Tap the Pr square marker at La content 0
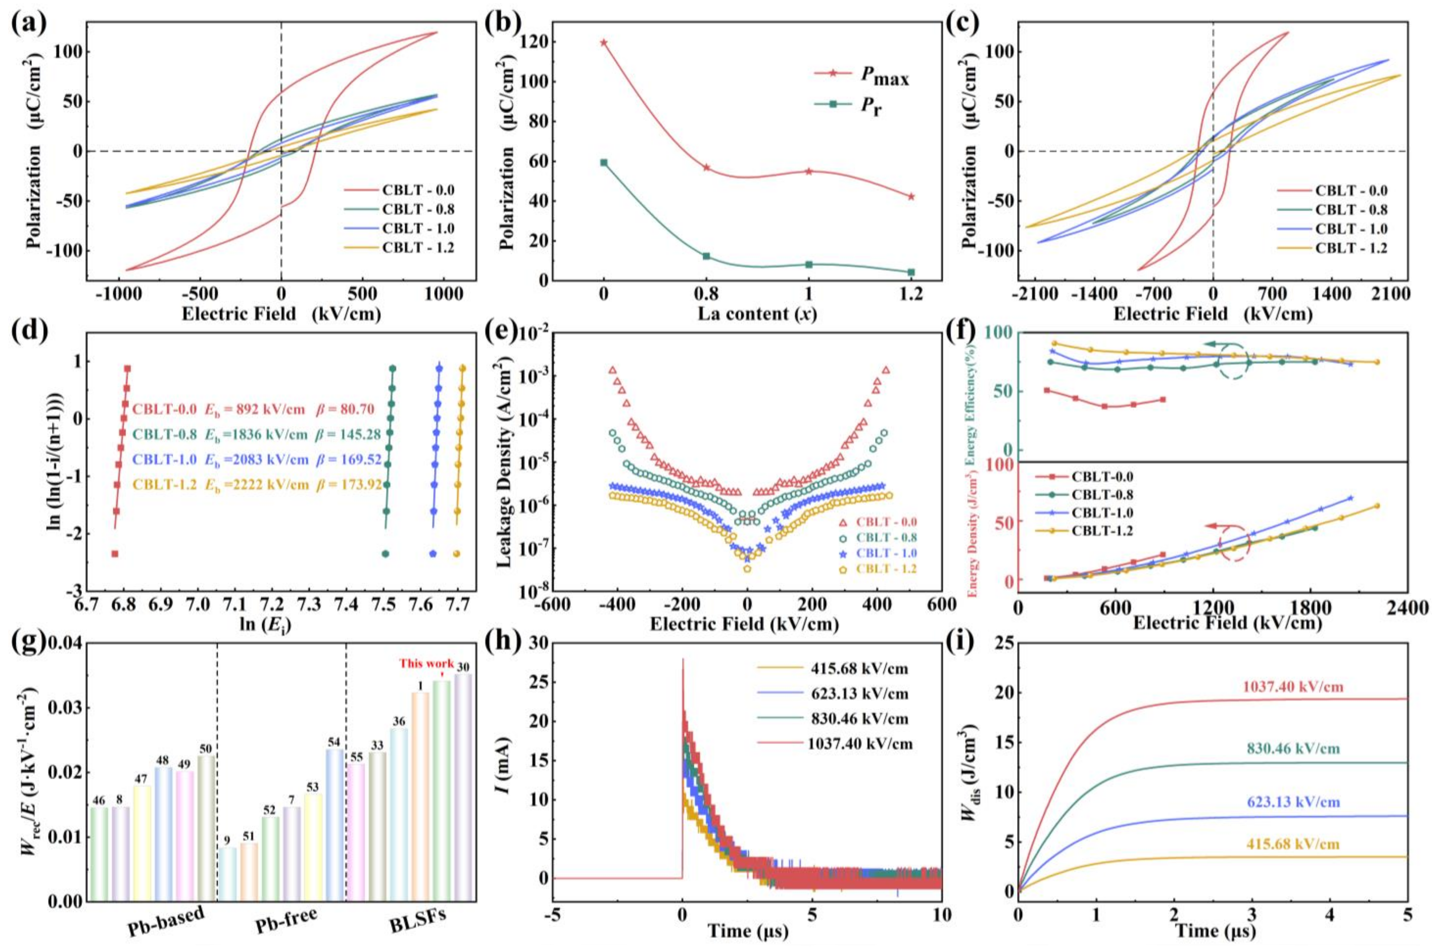coord(603,163)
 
